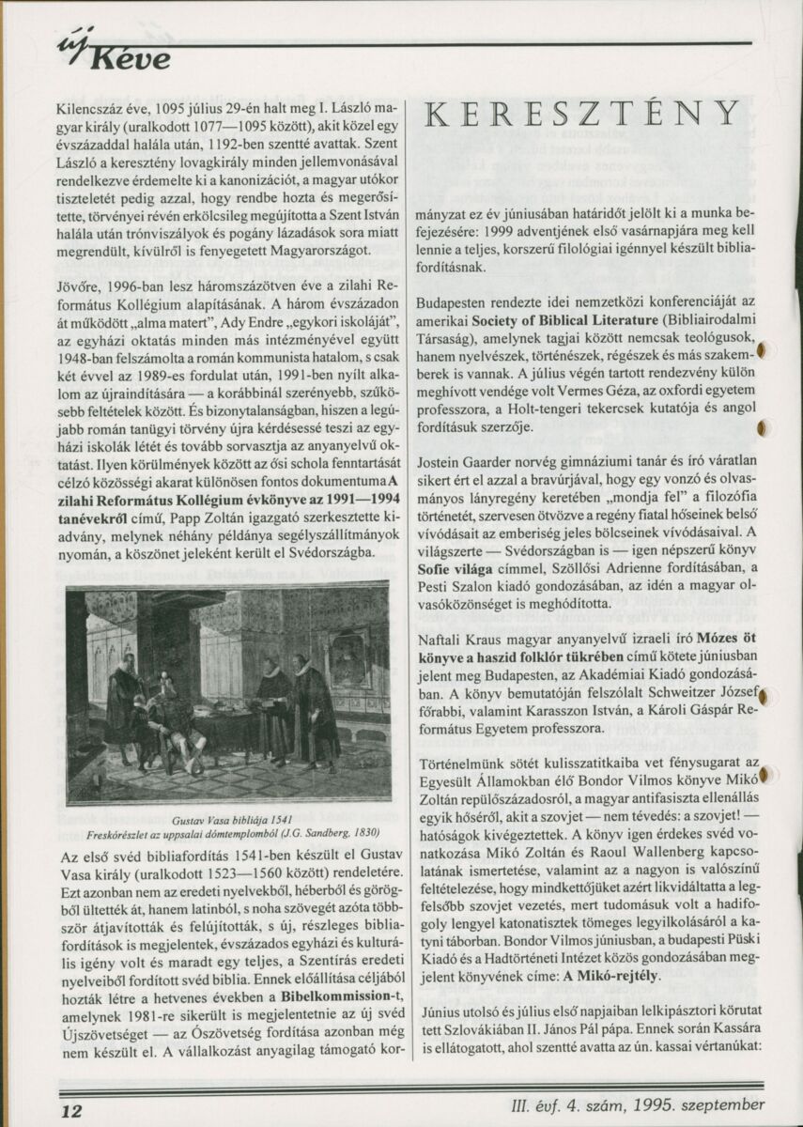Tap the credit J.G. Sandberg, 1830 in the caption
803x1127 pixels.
click(329, 832)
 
